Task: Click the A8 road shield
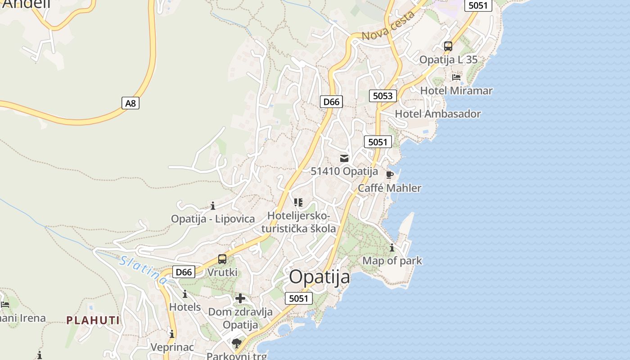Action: click(x=130, y=103)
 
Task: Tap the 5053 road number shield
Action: click(x=383, y=95)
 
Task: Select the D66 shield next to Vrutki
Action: click(x=184, y=272)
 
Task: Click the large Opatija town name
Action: click(x=319, y=277)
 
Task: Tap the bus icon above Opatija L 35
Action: click(x=448, y=46)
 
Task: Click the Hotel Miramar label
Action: click(x=456, y=90)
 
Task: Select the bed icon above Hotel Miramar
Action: click(x=456, y=77)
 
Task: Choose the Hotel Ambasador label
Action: click(x=438, y=114)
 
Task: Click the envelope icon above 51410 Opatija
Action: click(x=344, y=158)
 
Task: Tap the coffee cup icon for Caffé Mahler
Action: click(x=390, y=175)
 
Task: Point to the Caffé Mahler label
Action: click(x=390, y=188)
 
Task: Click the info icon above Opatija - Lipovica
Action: click(x=213, y=206)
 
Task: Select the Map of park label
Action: click(x=392, y=261)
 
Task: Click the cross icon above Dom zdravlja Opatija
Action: click(x=240, y=298)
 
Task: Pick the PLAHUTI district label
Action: click(x=93, y=320)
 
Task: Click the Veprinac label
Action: click(x=172, y=347)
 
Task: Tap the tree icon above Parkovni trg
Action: click(x=237, y=343)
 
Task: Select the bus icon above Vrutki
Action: click(x=222, y=259)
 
